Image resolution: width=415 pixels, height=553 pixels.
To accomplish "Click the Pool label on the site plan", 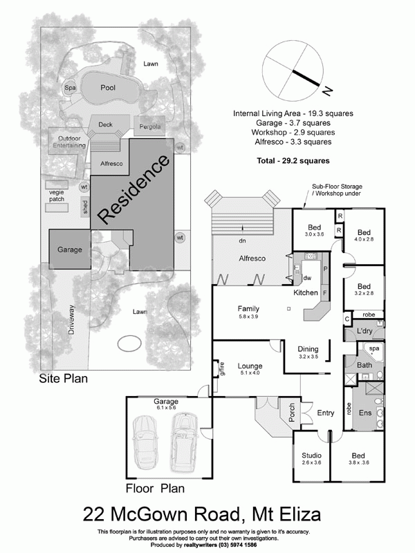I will click(108, 88).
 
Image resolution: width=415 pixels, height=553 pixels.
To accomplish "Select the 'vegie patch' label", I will click(57, 196).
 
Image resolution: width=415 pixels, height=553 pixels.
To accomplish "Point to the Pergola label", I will click(149, 126).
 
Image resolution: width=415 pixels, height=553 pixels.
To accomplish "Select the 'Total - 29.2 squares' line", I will click(284, 160).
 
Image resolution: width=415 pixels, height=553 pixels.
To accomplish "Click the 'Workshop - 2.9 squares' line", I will click(284, 131).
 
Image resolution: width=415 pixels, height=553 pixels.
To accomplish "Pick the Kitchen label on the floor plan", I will click(305, 293).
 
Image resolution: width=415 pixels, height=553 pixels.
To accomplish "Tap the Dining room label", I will click(308, 349).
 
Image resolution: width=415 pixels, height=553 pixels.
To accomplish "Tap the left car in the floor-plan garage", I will click(147, 442).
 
